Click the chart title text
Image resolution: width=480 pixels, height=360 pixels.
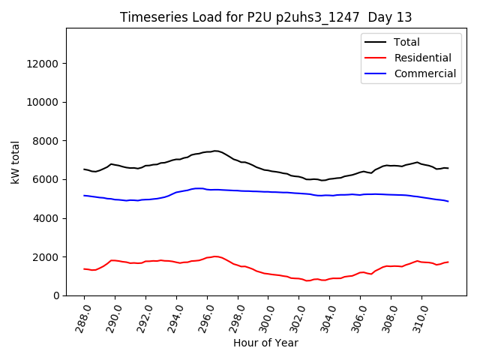[x=266, y=17]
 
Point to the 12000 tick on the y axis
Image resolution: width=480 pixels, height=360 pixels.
[x=43, y=64]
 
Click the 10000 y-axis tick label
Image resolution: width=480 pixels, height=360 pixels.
[x=43, y=102]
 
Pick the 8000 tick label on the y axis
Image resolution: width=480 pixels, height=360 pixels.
[x=46, y=141]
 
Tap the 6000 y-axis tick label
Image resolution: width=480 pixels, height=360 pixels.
[x=46, y=179]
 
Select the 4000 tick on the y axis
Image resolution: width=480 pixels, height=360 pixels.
[x=46, y=218]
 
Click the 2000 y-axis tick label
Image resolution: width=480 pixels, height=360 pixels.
[x=46, y=257]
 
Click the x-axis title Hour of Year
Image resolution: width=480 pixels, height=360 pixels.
[x=266, y=343]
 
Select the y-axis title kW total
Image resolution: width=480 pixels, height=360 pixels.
[x=16, y=162]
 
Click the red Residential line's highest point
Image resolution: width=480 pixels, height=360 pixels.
[x=215, y=256]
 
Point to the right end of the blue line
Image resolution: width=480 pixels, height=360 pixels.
[x=448, y=201]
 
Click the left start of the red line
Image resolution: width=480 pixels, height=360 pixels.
[x=84, y=268]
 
